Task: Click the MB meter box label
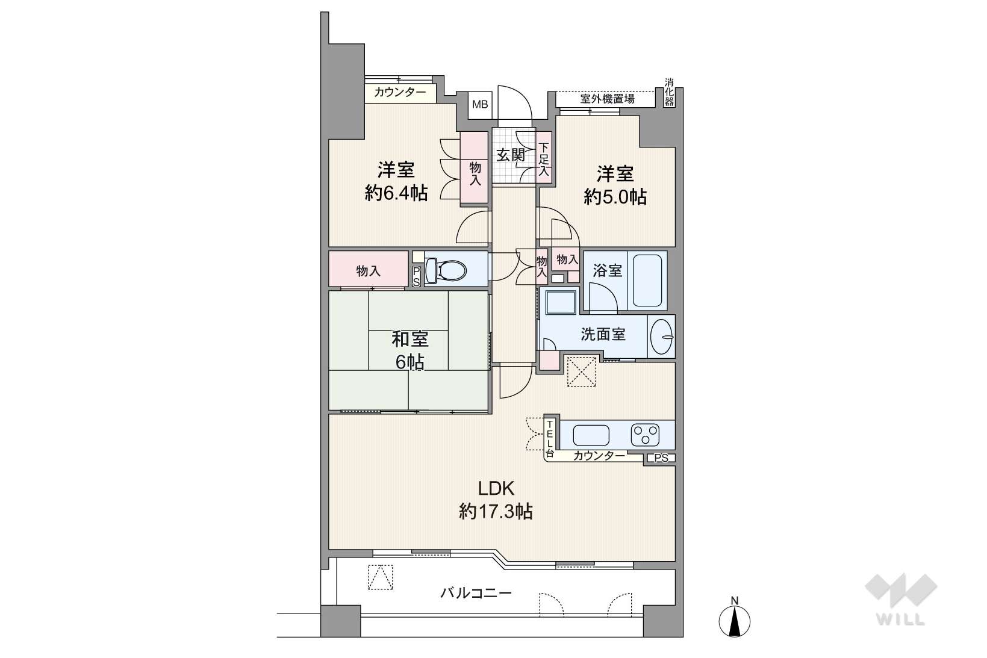tap(480, 105)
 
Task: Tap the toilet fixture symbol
tap(446, 270)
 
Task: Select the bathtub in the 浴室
tap(647, 280)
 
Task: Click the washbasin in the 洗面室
tap(661, 337)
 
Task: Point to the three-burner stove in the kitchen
tap(645, 435)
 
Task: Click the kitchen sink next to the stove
tap(591, 435)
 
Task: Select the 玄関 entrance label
tap(510, 155)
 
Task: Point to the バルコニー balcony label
tap(476, 593)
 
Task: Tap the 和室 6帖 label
tap(409, 350)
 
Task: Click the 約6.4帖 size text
tap(396, 193)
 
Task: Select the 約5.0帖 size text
tap(615, 197)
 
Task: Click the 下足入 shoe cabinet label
tap(544, 159)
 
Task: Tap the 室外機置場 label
tap(607, 99)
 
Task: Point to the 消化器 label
tap(669, 93)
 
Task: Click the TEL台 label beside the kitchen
tap(549, 438)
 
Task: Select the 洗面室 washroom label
tap(603, 334)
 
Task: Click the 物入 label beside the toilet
tap(368, 270)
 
